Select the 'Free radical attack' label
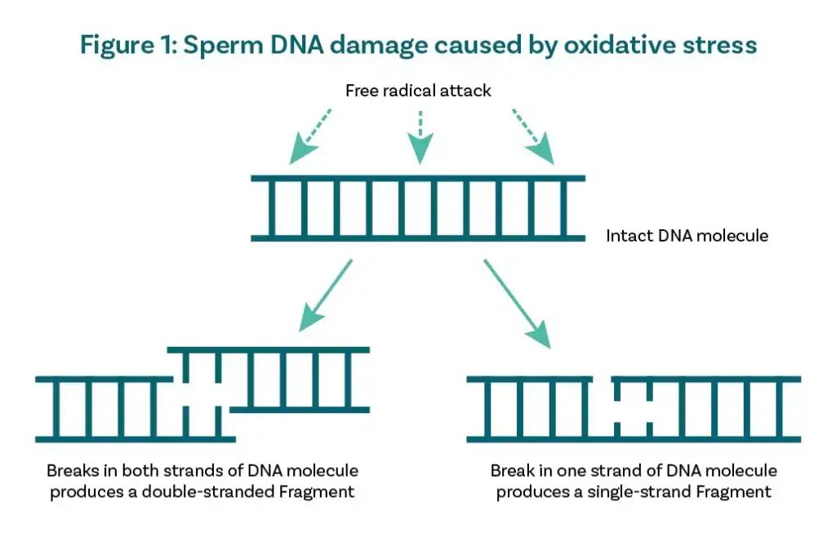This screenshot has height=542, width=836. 418,91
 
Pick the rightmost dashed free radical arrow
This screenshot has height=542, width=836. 531,135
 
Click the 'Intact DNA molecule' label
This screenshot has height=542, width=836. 687,236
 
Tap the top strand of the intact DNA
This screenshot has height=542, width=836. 417,178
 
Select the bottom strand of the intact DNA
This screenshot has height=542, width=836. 417,238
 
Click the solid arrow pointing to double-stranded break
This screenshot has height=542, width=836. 327,295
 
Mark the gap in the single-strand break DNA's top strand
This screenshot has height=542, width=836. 603,380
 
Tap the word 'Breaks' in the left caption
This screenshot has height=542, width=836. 71,472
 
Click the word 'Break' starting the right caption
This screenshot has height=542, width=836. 510,472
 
